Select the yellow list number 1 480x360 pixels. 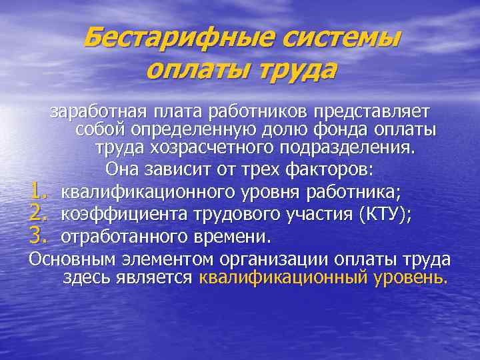(37, 193)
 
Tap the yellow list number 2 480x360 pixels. (37, 214)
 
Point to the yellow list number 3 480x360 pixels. (37, 235)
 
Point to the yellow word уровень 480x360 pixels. (407, 277)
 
